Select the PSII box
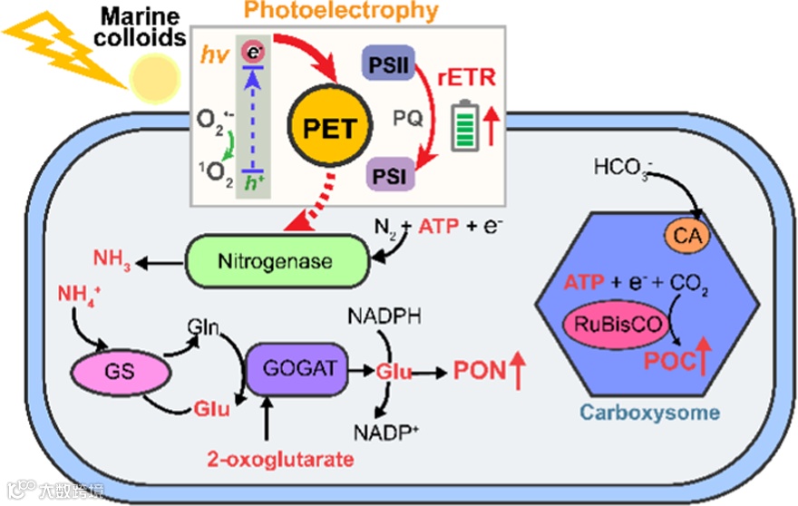[x=390, y=65]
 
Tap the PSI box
[x=390, y=171]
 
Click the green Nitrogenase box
[x=276, y=262]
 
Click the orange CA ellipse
[x=688, y=237]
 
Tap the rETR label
[x=467, y=79]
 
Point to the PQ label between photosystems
[x=405, y=118]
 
